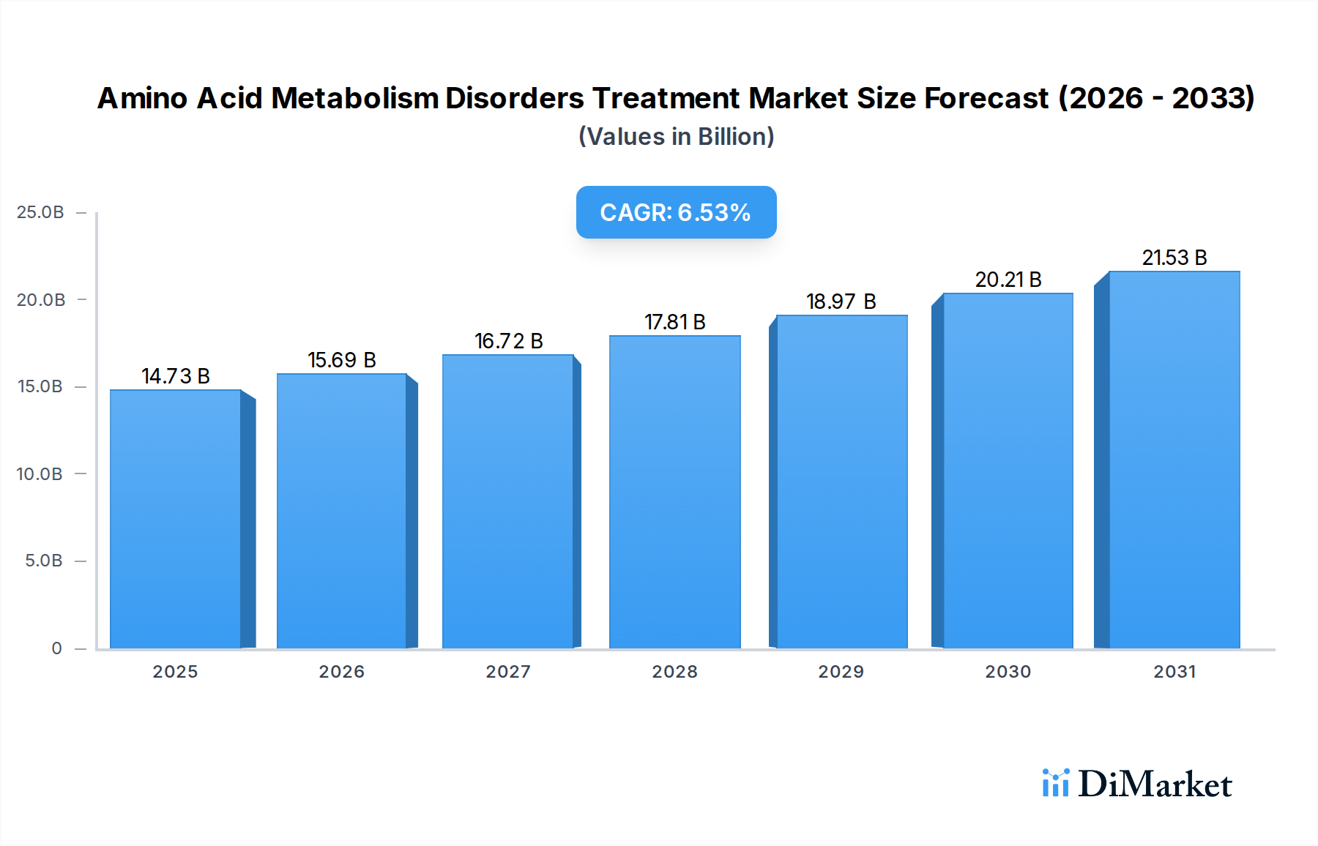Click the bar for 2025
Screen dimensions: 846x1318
pyautogui.click(x=176, y=519)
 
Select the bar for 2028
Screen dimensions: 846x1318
pyautogui.click(x=674, y=492)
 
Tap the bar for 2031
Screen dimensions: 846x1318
pyautogui.click(x=1174, y=460)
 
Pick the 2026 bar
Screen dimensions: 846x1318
pyautogui.click(x=341, y=511)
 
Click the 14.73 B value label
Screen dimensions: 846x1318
pyautogui.click(x=176, y=376)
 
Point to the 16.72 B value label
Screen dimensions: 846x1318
pyautogui.click(x=508, y=341)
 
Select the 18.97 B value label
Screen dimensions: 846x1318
pyautogui.click(x=841, y=302)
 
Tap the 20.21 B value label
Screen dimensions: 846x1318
pyautogui.click(x=1008, y=280)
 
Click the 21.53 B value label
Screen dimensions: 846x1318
pyautogui.click(x=1174, y=258)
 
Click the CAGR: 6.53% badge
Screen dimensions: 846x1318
pyautogui.click(x=676, y=212)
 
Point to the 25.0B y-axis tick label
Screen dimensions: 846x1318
pyautogui.click(x=40, y=212)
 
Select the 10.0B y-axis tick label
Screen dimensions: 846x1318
pyautogui.click(x=40, y=474)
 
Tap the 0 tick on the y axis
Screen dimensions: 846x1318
pyautogui.click(x=56, y=648)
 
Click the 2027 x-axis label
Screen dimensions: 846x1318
pyautogui.click(x=508, y=672)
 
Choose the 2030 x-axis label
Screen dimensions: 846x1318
pyautogui.click(x=1008, y=672)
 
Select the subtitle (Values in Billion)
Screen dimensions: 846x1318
pyautogui.click(x=676, y=137)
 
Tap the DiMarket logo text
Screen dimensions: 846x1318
pyautogui.click(x=1155, y=785)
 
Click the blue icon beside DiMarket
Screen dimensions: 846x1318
pyautogui.click(x=1055, y=783)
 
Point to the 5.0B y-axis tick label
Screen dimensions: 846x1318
pyautogui.click(x=43, y=561)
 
